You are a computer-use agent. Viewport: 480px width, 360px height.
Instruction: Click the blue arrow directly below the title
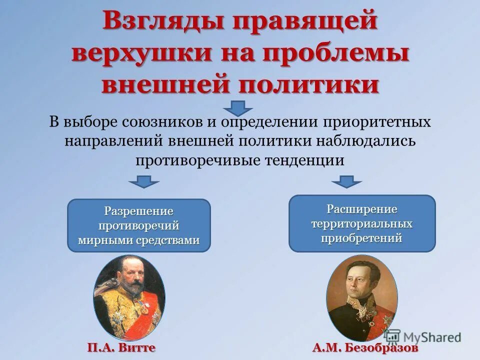tap(238, 107)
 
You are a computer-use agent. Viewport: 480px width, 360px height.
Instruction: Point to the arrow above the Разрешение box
tap(144, 181)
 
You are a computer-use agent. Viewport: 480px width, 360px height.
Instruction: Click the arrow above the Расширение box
tap(346, 181)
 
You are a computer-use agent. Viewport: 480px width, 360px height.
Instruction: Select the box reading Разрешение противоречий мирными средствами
tap(139, 225)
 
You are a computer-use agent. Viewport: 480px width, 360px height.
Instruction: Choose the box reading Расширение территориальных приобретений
tap(362, 223)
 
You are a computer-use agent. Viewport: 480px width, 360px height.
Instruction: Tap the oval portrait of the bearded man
tap(129, 297)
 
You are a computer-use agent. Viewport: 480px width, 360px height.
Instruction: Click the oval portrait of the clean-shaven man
tap(361, 297)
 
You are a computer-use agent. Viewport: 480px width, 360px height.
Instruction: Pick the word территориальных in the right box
tap(362, 223)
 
